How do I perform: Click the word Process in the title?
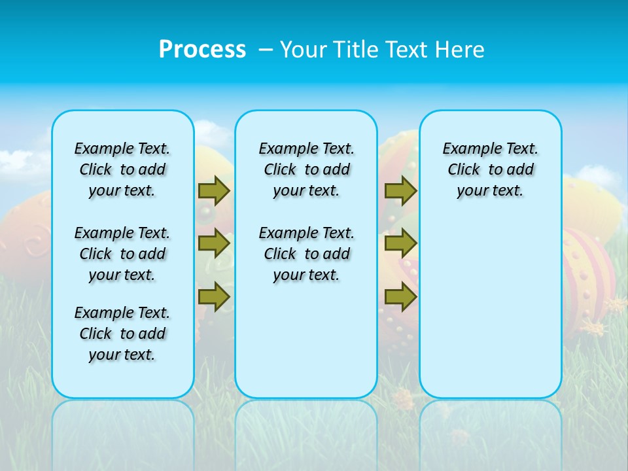pyautogui.click(x=202, y=50)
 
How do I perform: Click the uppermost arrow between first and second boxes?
pyautogui.click(x=214, y=190)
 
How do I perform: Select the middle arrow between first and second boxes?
pyautogui.click(x=214, y=243)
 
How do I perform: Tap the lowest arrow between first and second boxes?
pyautogui.click(x=214, y=296)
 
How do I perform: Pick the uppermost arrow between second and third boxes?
pyautogui.click(x=400, y=190)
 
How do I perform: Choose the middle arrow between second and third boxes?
pyautogui.click(x=400, y=243)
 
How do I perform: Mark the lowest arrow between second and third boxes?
pyautogui.click(x=400, y=296)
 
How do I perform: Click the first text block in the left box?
pyautogui.click(x=122, y=169)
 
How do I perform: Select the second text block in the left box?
pyautogui.click(x=122, y=254)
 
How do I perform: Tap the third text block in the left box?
pyautogui.click(x=122, y=334)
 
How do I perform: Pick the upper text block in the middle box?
pyautogui.click(x=306, y=169)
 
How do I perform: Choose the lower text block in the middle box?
pyautogui.click(x=306, y=254)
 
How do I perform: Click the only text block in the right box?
pyautogui.click(x=490, y=169)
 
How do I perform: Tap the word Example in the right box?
pyautogui.click(x=466, y=149)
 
